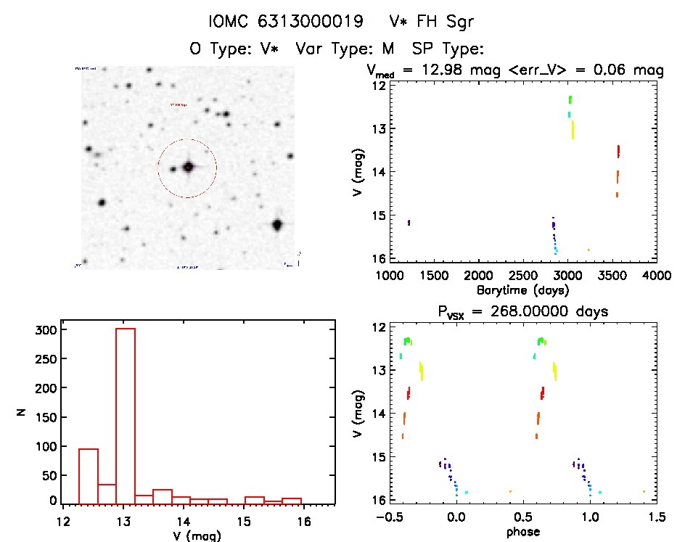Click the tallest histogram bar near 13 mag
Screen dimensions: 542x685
click(x=126, y=415)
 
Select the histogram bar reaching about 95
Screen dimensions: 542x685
click(x=88, y=475)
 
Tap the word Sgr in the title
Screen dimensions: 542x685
click(x=459, y=22)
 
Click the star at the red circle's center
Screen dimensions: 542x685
click(x=188, y=167)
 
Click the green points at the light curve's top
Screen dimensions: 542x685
click(x=570, y=99)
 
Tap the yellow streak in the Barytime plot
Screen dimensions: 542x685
click(x=573, y=130)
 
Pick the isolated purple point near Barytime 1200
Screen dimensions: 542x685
click(x=409, y=222)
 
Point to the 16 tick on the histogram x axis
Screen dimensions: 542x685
click(x=304, y=520)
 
